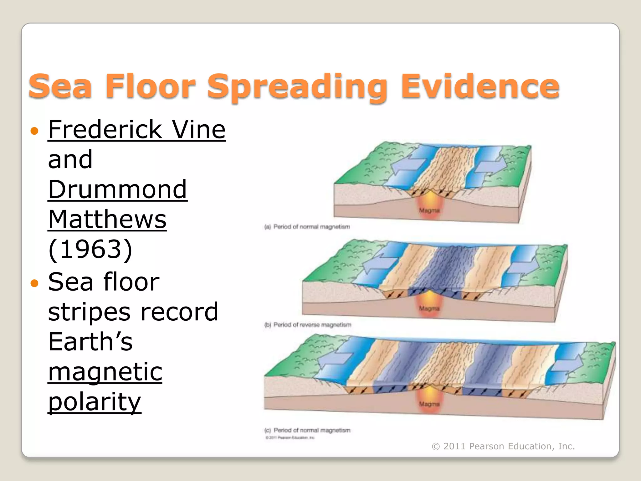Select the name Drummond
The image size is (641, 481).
117,189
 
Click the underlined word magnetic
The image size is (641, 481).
105,371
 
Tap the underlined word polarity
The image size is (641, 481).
95,401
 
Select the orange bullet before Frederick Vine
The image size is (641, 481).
34,131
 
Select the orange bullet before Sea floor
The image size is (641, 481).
34,283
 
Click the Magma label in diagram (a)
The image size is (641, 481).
429,210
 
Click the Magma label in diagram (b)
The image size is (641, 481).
429,308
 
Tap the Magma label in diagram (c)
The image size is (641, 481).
429,404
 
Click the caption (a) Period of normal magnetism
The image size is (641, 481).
307,226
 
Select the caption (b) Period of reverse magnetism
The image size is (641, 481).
308,325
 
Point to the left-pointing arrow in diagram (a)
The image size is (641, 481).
407,166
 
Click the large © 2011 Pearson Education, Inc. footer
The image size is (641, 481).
503,446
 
